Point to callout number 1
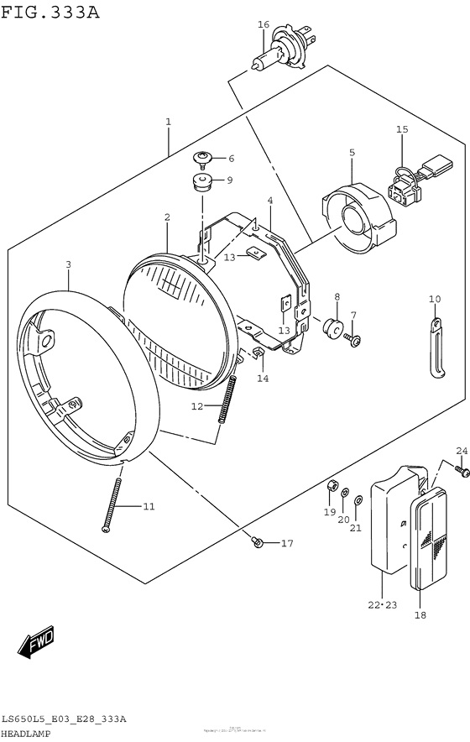click(x=168, y=122)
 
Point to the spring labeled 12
click(x=225, y=400)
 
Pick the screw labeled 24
click(x=463, y=473)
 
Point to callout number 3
click(x=68, y=264)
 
